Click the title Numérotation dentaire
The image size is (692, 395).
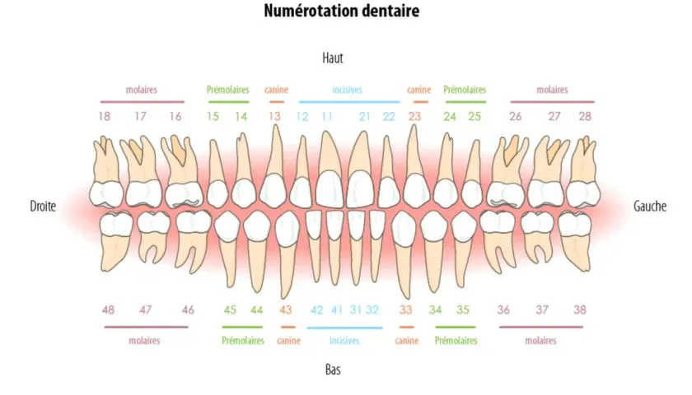342,11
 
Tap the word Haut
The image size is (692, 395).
333,58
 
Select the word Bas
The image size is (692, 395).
333,369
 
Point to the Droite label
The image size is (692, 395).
43,206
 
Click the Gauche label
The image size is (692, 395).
650,206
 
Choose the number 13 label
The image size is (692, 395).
274,116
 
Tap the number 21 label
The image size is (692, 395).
364,116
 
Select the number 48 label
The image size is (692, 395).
108,310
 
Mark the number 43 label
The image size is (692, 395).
286,310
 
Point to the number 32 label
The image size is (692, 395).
372,310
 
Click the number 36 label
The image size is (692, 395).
503,310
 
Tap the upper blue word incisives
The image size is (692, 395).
348,90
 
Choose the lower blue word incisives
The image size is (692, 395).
344,341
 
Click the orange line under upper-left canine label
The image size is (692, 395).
277,102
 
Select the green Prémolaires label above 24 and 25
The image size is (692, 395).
465,90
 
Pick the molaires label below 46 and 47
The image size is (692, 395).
144,341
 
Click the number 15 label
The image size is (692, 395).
213,116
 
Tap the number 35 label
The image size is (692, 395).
462,310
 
